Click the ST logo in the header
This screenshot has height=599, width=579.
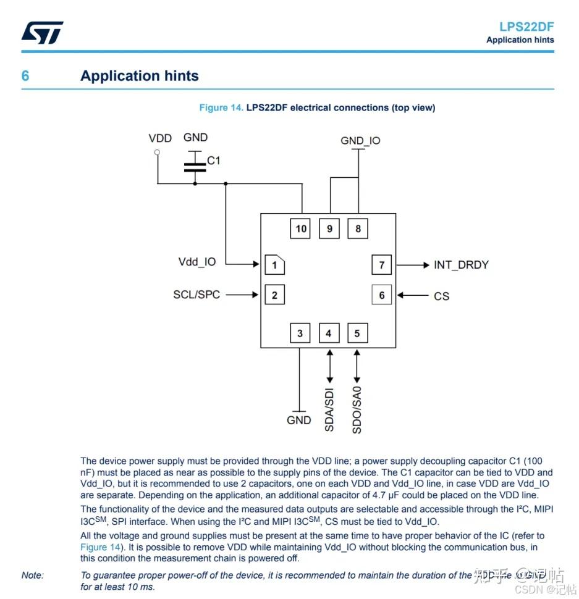click(42, 33)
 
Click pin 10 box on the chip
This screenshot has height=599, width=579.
click(301, 229)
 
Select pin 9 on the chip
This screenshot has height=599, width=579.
click(329, 229)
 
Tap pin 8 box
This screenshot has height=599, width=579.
click(358, 229)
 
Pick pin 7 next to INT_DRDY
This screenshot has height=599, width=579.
click(381, 265)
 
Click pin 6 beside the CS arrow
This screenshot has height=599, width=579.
click(381, 295)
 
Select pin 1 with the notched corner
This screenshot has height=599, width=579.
click(274, 265)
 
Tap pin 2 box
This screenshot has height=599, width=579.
click(274, 295)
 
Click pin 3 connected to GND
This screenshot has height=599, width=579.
click(300, 333)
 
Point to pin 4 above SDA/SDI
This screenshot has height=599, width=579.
click(329, 333)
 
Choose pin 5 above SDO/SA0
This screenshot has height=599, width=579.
click(357, 333)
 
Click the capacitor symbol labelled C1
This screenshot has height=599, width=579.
click(195, 165)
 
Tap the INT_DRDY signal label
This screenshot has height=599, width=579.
click(461, 265)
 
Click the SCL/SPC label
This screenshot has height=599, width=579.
click(197, 295)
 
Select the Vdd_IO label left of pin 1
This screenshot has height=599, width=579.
click(197, 262)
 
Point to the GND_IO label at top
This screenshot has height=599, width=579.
click(360, 141)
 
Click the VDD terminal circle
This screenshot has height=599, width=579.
click(157, 152)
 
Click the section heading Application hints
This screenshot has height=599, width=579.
click(140, 76)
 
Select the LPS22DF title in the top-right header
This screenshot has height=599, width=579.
click(526, 27)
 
